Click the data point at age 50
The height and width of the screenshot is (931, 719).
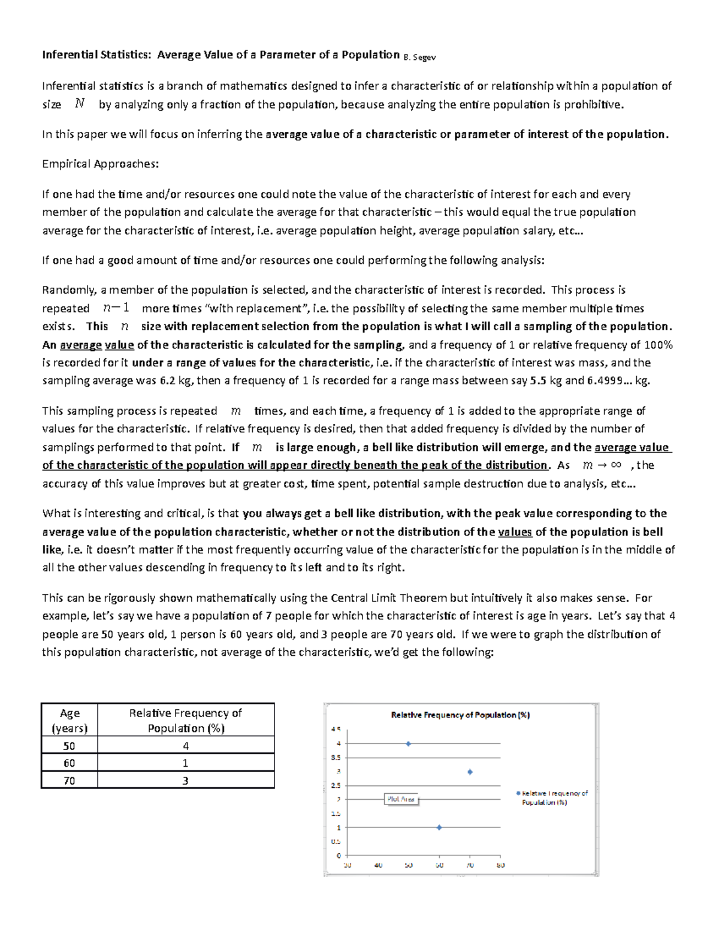click(x=409, y=743)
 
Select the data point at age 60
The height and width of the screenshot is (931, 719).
click(x=439, y=827)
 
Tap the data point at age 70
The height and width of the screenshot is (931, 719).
click(x=470, y=772)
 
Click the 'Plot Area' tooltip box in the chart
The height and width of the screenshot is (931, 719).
click(x=401, y=799)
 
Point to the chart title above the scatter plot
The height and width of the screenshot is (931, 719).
click(x=460, y=715)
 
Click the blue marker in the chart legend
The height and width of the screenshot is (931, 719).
click(x=518, y=793)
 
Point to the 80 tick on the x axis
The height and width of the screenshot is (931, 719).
click(x=501, y=865)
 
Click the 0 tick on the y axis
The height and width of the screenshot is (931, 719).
click(x=339, y=855)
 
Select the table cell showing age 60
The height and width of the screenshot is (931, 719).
click(x=70, y=763)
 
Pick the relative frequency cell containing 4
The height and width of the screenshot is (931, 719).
click(x=186, y=746)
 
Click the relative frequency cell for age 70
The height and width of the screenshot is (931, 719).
click(x=186, y=781)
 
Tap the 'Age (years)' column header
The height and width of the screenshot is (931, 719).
click(x=70, y=721)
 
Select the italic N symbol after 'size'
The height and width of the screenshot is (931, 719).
click(x=80, y=104)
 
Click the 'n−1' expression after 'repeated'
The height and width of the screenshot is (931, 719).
click(x=116, y=308)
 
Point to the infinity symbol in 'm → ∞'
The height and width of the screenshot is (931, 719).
click(x=615, y=465)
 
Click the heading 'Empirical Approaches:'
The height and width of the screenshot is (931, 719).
click(x=100, y=164)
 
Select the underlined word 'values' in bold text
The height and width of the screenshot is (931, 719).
click(x=515, y=532)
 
